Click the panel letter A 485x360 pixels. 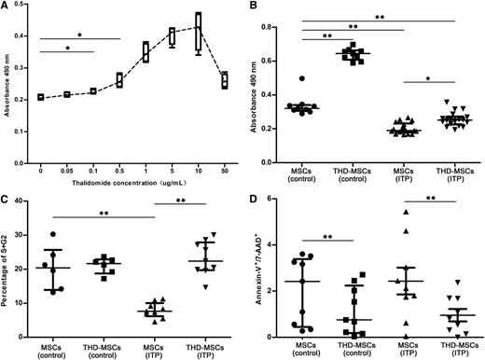coord(7,7)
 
